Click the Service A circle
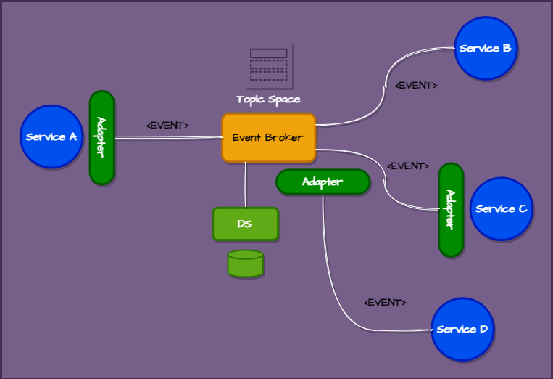(x=51, y=136)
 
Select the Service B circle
(x=485, y=49)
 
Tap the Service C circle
(x=501, y=209)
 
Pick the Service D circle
(x=462, y=329)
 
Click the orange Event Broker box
(x=268, y=137)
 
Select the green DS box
(x=245, y=224)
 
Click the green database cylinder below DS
(x=245, y=264)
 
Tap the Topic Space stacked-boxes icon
(x=269, y=65)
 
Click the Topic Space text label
(x=268, y=99)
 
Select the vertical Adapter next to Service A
(x=101, y=137)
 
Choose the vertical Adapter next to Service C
(x=450, y=210)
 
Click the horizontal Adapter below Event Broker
(x=323, y=182)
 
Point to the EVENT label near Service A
(x=167, y=125)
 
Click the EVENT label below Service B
(x=416, y=85)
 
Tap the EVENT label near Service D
(x=385, y=302)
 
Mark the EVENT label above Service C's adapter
(x=408, y=166)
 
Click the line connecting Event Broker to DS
(x=245, y=185)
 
